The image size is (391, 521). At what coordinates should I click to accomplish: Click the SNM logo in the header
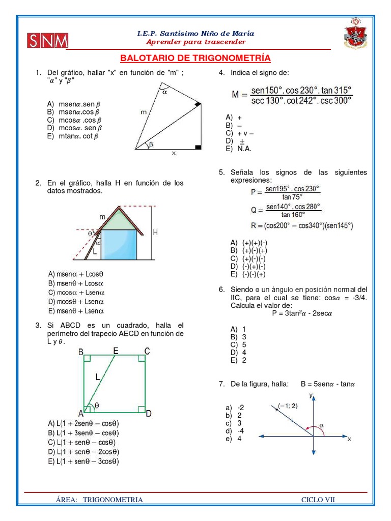[48, 41]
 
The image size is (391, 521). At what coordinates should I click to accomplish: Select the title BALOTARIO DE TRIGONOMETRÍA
[195, 58]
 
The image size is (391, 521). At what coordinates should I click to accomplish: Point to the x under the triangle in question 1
[174, 153]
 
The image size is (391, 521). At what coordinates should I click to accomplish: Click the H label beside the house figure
[156, 233]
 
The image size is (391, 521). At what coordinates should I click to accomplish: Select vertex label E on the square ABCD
[116, 351]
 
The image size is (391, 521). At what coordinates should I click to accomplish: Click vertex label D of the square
[148, 414]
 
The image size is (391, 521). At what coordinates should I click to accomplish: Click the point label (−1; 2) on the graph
[288, 406]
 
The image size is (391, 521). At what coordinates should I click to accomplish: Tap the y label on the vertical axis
[310, 395]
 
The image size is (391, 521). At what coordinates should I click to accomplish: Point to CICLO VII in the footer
[318, 500]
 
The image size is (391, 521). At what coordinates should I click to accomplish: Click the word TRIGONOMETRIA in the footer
[113, 500]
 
